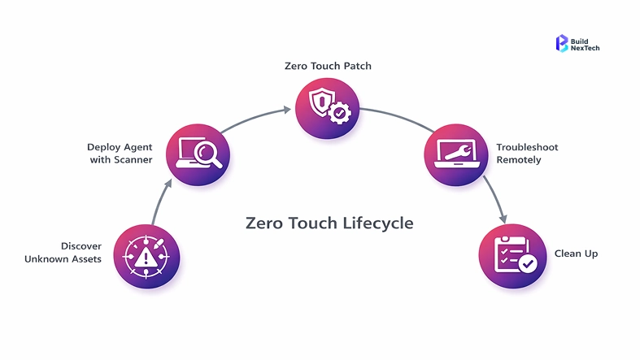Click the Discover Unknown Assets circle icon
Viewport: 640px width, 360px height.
coord(147,257)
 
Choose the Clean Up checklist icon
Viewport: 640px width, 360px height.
coord(512,256)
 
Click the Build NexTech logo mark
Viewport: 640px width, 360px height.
coord(561,43)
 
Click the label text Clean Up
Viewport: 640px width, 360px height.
coord(576,254)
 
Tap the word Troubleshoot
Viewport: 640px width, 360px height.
coord(527,147)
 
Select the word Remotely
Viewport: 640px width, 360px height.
coord(519,160)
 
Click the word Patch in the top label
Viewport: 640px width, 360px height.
coord(357,66)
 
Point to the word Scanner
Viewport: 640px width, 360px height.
coord(133,160)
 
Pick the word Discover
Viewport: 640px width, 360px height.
coord(81,245)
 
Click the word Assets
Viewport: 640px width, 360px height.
coord(86,258)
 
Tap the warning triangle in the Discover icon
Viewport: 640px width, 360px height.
coord(147,258)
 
